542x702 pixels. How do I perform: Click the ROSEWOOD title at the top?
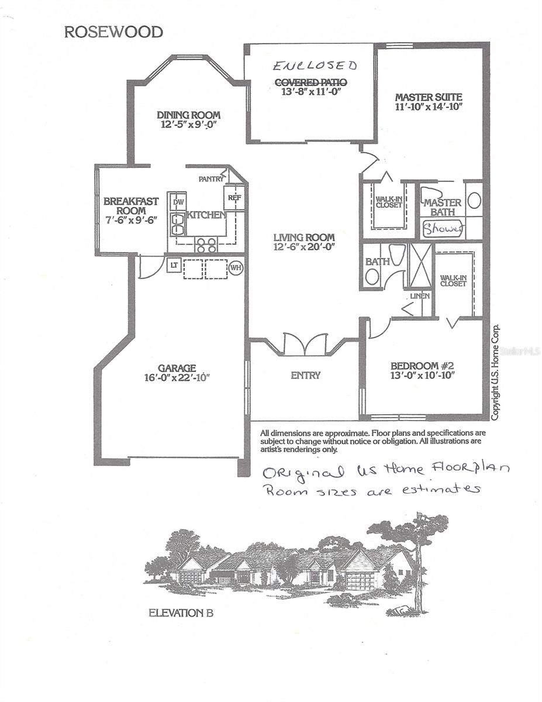click(x=113, y=32)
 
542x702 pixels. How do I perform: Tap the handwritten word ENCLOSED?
click(x=315, y=66)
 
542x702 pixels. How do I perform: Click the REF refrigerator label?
click(x=234, y=197)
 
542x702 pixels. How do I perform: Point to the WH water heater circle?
click(x=236, y=268)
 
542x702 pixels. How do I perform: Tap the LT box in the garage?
click(x=174, y=265)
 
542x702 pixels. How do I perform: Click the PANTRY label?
click(x=211, y=178)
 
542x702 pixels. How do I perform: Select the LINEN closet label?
click(x=420, y=296)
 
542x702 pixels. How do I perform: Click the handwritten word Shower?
click(x=443, y=229)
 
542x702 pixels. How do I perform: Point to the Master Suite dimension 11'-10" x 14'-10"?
click(x=429, y=106)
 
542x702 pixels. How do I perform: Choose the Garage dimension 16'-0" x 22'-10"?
click(x=177, y=377)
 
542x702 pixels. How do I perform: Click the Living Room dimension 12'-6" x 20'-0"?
click(x=304, y=247)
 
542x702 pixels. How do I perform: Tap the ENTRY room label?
click(x=305, y=375)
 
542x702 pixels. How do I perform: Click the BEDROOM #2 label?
click(x=422, y=366)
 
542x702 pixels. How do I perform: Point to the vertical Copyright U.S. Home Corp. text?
click(x=495, y=372)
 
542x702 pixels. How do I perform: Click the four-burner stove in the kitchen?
click(x=206, y=245)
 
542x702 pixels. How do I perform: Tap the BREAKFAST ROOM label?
click(x=131, y=206)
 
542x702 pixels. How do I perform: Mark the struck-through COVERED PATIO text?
click(x=311, y=82)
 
